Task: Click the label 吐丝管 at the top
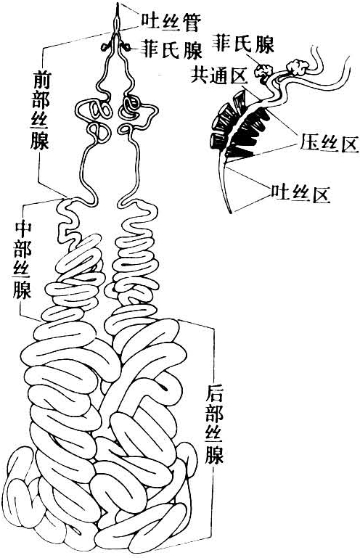coord(171,22)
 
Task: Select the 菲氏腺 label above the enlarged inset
coord(243,44)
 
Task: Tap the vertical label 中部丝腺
coord(22,260)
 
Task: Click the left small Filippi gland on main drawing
coord(105,46)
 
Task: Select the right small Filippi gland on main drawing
coord(125,46)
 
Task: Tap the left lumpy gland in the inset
coord(263,71)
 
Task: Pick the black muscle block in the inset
coord(246,134)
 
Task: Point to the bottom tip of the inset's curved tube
coord(232,213)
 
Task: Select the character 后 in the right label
coord(214,395)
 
